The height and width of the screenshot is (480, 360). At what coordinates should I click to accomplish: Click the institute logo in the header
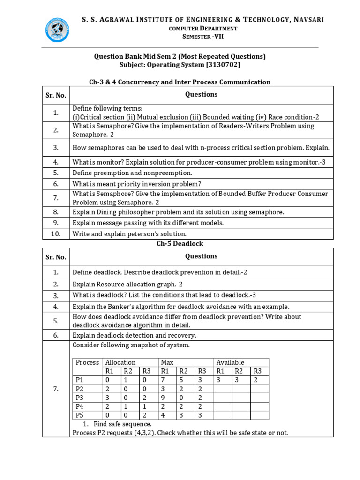point(59,30)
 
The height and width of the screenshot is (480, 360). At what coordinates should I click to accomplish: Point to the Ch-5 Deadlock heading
point(180,244)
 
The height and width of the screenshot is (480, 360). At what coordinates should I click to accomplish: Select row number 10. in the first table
point(56,233)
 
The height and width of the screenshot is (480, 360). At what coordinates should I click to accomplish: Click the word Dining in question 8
point(105,212)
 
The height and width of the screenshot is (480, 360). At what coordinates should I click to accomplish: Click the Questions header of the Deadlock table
point(201,256)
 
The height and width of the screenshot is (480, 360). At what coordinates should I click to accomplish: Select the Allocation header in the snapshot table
point(120,362)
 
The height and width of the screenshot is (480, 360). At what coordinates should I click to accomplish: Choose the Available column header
point(230,362)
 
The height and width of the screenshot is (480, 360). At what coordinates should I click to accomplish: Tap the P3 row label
point(80,397)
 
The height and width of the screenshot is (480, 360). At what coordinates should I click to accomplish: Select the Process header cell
point(87,362)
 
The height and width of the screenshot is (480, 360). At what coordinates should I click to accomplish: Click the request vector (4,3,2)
point(142,433)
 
